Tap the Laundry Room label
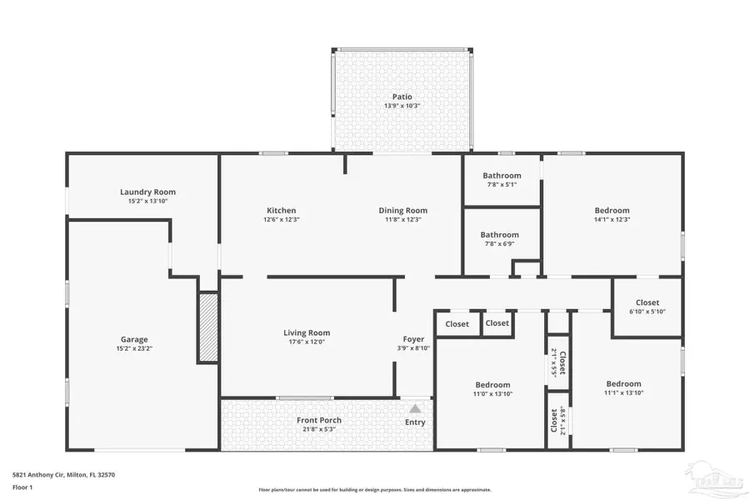[147, 192]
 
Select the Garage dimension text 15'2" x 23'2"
[134, 348]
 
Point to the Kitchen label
[281, 210]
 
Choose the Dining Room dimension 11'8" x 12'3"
[403, 220]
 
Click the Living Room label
[307, 332]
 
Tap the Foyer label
[413, 339]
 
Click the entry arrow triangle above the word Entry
[415, 408]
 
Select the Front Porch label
[319, 420]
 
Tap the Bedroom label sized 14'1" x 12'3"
[612, 211]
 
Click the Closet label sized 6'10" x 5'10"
[647, 302]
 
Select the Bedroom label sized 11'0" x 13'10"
[492, 385]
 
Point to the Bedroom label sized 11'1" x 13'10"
[623, 384]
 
